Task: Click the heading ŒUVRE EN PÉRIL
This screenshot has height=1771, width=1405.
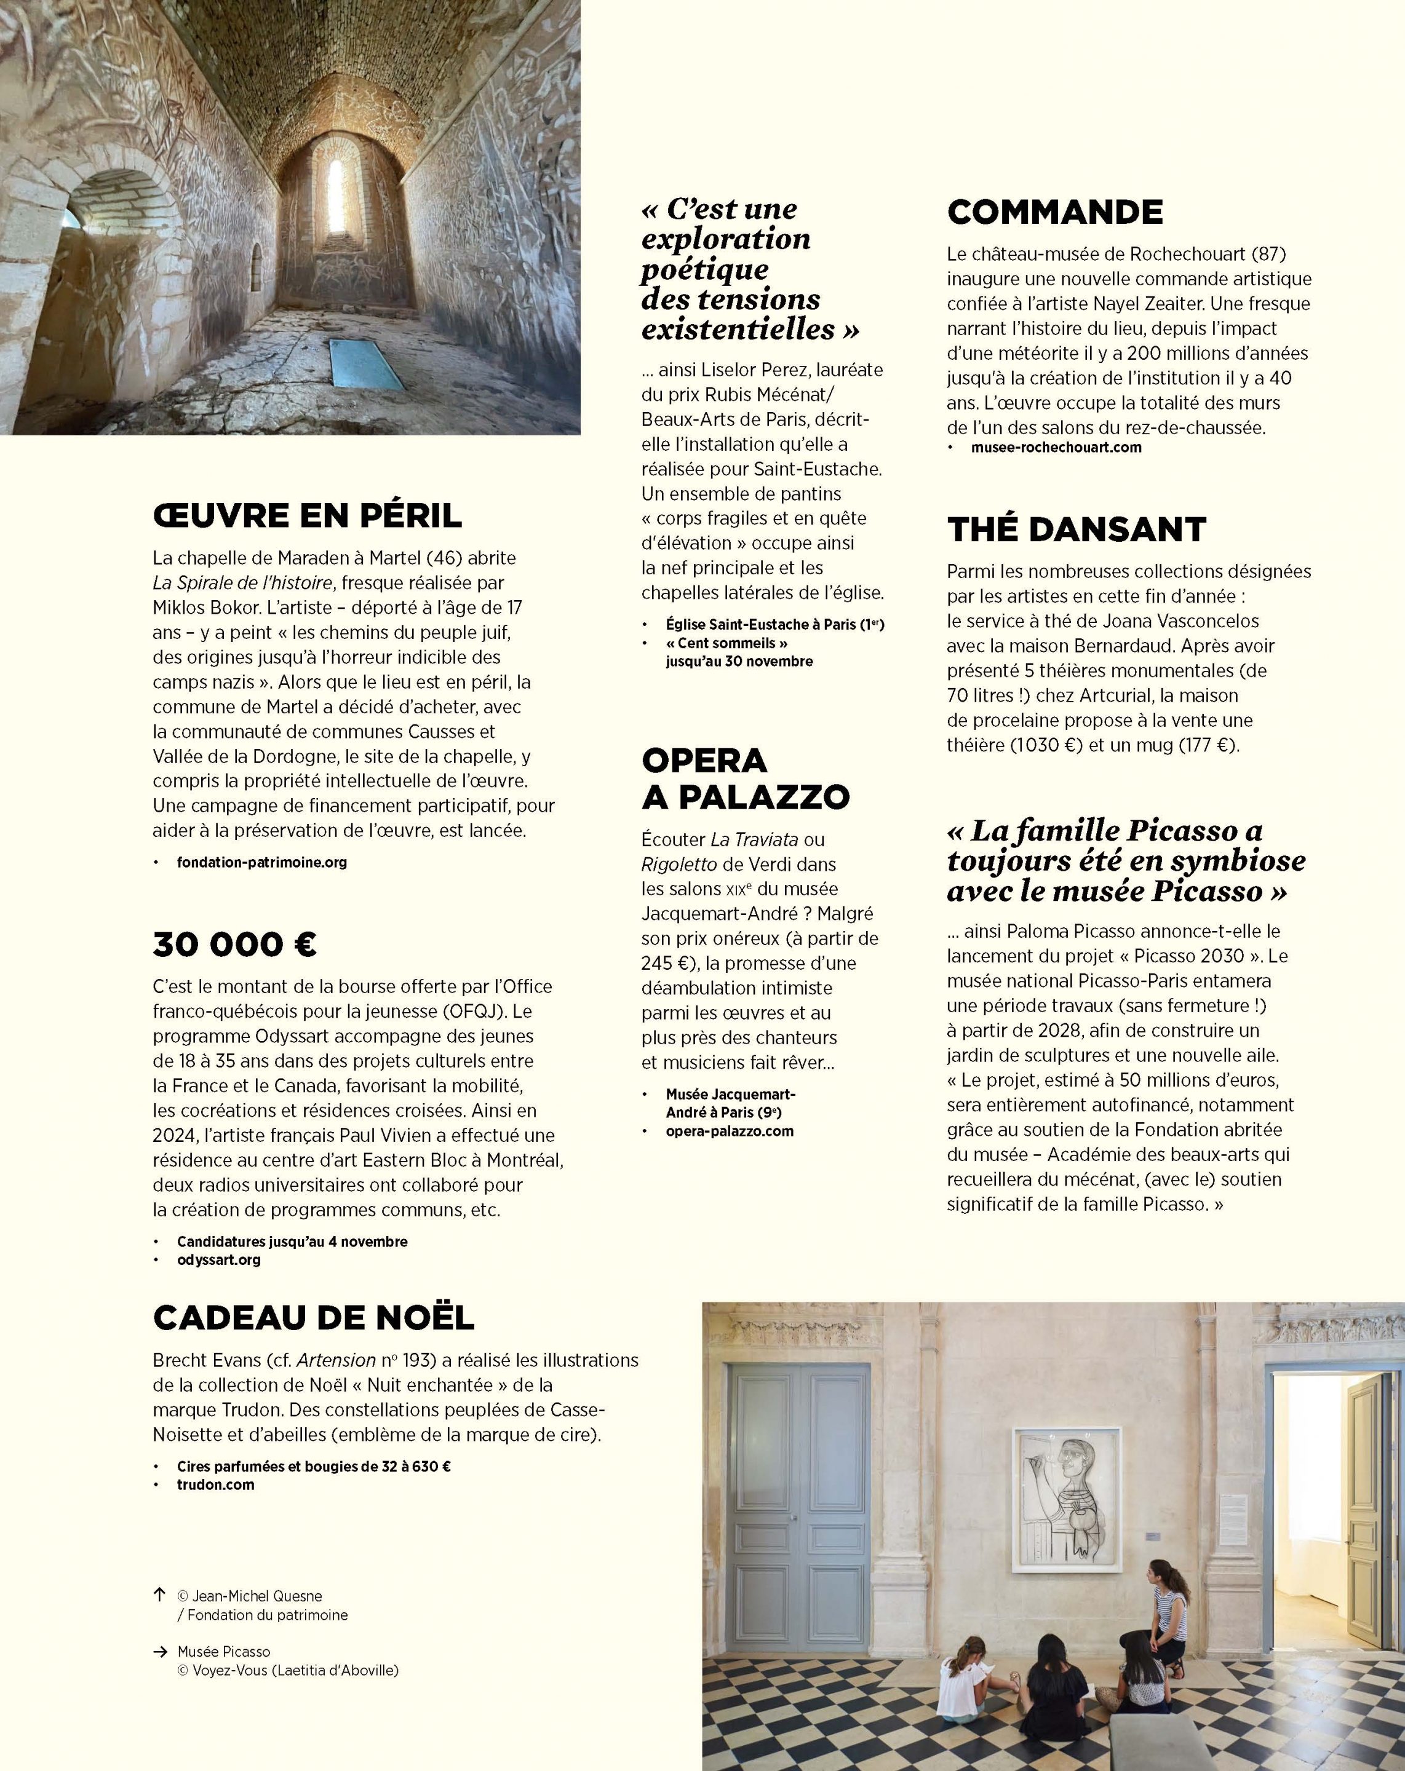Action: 308,516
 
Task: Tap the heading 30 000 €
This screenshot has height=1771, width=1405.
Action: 235,945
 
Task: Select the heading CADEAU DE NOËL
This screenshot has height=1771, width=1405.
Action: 314,1318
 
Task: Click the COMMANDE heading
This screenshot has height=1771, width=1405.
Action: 1055,212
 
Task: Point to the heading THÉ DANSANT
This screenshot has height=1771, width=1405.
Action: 1077,530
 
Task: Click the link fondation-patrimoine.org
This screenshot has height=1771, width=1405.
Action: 262,863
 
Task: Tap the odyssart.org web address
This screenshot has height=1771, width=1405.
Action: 218,1259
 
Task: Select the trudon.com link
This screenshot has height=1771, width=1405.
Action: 215,1484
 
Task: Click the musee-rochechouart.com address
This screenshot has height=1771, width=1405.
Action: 1056,448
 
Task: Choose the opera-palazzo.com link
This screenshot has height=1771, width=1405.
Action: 730,1131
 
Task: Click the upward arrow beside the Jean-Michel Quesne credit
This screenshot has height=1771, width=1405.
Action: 159,1595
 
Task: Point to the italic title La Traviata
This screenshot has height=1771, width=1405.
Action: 754,839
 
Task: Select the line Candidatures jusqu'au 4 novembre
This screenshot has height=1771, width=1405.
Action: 292,1241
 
